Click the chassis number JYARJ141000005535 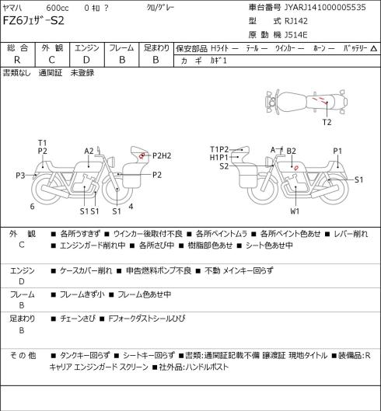[325, 7]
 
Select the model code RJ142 [296, 21]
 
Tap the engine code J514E [295, 35]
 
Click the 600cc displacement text [58, 8]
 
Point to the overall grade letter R [17, 60]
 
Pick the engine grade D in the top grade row [86, 60]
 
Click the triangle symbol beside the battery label [374, 48]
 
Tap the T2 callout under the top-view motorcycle [327, 122]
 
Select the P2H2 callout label [162, 156]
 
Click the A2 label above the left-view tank [89, 151]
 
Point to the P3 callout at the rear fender [20, 175]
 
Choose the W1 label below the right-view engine [295, 211]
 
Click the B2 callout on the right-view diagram [292, 151]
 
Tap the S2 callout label [224, 166]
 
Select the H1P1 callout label [219, 157]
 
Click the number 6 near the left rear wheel [32, 207]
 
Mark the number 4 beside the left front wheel [131, 207]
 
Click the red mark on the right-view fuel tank [296, 168]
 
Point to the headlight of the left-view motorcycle [112, 161]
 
